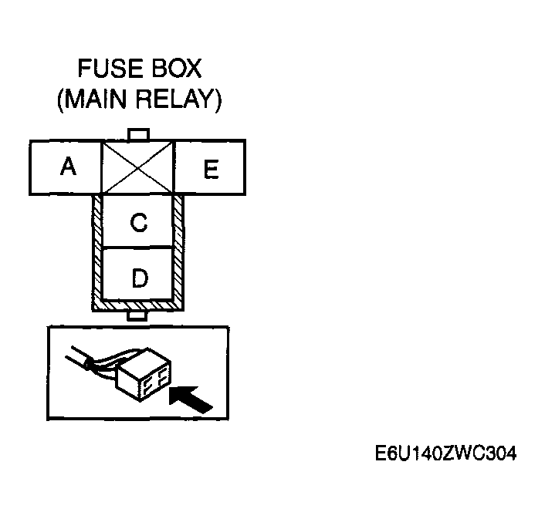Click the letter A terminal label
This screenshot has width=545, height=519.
69,166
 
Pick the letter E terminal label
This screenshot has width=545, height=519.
210,169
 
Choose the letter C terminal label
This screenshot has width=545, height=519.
139,222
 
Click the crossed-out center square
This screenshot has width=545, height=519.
139,167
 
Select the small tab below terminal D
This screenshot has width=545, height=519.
139,315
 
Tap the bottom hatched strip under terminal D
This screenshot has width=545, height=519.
139,305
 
